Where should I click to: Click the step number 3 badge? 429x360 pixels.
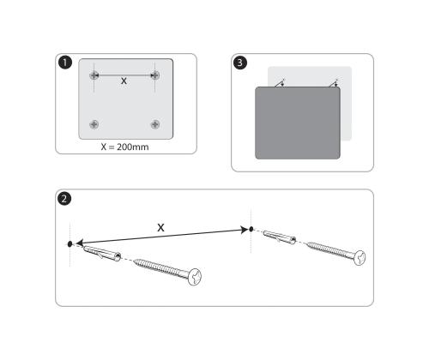pyautogui.click(x=244, y=63)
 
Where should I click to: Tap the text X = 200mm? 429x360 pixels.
pyautogui.click(x=125, y=147)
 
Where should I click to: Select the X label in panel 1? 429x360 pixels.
pyautogui.click(x=124, y=81)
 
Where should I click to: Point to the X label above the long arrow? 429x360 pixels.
pyautogui.click(x=160, y=226)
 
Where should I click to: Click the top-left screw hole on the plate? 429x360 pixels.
pyautogui.click(x=94, y=75)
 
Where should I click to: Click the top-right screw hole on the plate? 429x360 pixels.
pyautogui.click(x=155, y=75)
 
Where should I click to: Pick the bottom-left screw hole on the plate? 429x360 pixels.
pyautogui.click(x=94, y=124)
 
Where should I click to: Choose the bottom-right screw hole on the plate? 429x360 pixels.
pyautogui.click(x=155, y=124)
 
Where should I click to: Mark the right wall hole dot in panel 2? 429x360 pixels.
pyautogui.click(x=251, y=229)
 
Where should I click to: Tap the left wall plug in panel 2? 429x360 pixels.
pyautogui.click(x=100, y=251)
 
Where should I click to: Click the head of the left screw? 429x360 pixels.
pyautogui.click(x=198, y=276)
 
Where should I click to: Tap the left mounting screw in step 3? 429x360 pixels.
pyautogui.click(x=282, y=83)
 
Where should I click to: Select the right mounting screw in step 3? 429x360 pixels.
pyautogui.click(x=335, y=83)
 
